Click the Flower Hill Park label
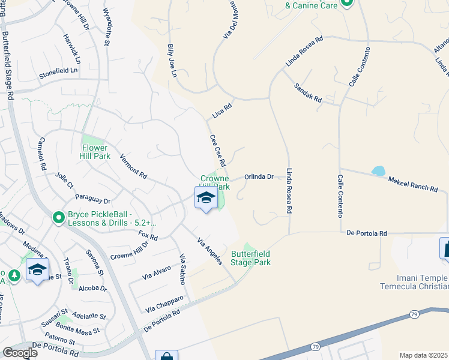coord(95,152)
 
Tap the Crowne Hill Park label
coord(215,182)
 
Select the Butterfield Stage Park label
coord(250,258)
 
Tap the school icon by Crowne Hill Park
coord(205,198)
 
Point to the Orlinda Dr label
coord(259,177)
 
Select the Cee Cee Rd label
coord(218,151)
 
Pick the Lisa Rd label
coord(222,110)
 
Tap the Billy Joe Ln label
coord(172,60)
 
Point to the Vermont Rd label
coord(133,167)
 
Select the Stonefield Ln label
coord(59,70)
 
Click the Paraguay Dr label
coord(92,199)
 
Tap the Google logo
coord(20,352)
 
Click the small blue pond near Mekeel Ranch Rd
coord(378,171)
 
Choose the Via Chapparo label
coord(164,303)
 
